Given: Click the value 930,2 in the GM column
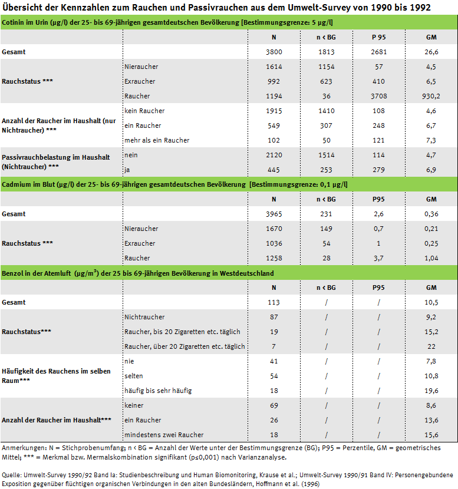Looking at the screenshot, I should point(431,96).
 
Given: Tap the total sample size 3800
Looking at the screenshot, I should point(274,52).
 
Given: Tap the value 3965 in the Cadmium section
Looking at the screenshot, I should point(274,214).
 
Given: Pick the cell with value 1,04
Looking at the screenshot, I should point(431,258).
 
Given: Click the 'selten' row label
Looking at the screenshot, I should point(134,376).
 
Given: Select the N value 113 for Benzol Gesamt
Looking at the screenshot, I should point(274,302).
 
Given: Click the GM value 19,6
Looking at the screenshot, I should point(431,391).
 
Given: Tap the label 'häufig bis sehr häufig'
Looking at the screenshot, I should point(158,391).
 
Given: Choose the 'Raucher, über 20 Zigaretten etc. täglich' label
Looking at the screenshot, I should point(184,346).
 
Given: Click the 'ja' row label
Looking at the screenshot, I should point(128,170).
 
